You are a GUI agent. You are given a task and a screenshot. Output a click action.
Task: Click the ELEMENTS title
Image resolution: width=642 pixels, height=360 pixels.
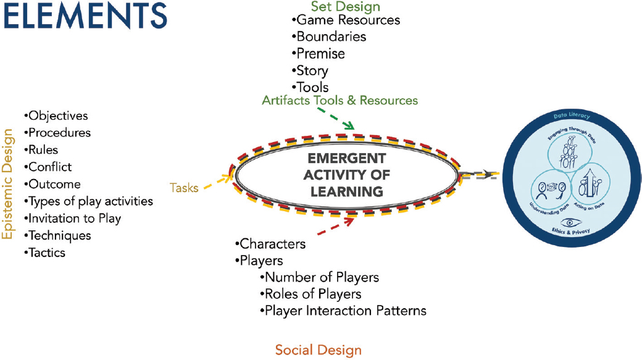pyautogui.click(x=85, y=15)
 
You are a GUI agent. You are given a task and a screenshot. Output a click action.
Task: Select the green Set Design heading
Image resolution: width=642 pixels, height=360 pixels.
pyautogui.click(x=346, y=7)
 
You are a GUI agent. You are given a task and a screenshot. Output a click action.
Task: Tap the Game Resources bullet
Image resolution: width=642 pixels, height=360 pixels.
pyautogui.click(x=346, y=20)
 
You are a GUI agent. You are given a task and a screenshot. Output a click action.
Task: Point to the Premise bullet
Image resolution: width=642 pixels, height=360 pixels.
pyautogui.click(x=318, y=54)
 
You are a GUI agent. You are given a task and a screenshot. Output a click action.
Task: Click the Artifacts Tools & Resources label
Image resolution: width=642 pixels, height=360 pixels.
pyautogui.click(x=340, y=100)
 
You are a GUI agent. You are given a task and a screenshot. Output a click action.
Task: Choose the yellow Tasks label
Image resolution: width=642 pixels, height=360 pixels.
pyautogui.click(x=184, y=188)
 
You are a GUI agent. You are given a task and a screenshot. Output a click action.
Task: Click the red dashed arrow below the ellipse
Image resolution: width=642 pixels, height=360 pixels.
pyautogui.click(x=336, y=227)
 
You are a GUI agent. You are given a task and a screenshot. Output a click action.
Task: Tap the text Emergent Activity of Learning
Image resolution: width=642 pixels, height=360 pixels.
pyautogui.click(x=347, y=175)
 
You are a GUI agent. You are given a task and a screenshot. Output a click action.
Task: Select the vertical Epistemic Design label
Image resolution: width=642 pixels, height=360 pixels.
pyautogui.click(x=7, y=184)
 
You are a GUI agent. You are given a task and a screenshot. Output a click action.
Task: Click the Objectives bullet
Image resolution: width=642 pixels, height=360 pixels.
pyautogui.click(x=56, y=116)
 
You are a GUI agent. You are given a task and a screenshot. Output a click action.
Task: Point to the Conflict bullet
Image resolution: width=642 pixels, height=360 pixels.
pyautogui.click(x=48, y=167)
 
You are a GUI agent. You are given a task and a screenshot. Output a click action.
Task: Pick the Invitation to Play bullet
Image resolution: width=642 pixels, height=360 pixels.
pyautogui.click(x=72, y=219)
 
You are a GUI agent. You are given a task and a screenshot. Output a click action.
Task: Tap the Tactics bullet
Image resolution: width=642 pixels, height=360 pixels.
pyautogui.click(x=44, y=253)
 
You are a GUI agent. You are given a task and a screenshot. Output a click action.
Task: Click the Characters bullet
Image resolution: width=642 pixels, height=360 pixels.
pyautogui.click(x=270, y=244)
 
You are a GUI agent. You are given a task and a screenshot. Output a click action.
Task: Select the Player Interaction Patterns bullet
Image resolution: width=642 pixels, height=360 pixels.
pyautogui.click(x=343, y=311)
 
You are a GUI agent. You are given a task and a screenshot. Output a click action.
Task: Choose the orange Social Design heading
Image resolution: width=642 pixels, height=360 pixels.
pyautogui.click(x=318, y=350)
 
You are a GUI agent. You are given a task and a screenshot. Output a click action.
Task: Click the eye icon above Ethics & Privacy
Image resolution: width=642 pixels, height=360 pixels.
pyautogui.click(x=571, y=223)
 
